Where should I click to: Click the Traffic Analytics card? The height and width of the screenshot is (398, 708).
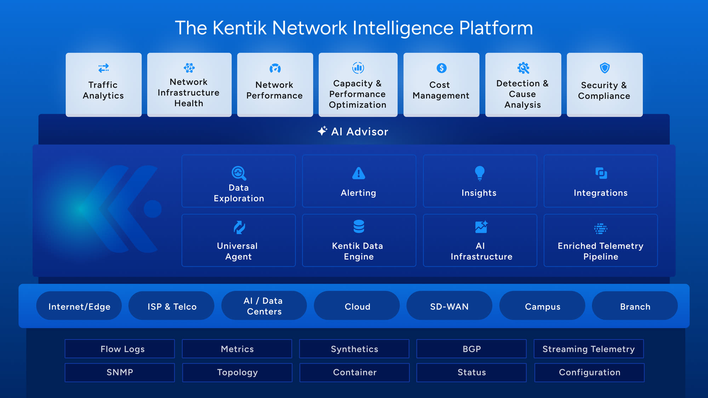(103, 85)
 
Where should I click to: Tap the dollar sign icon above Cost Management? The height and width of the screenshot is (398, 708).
(441, 68)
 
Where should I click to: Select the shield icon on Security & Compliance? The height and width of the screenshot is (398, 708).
(605, 68)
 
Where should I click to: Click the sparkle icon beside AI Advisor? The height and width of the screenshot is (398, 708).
(322, 131)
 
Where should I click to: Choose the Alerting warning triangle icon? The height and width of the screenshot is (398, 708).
(359, 173)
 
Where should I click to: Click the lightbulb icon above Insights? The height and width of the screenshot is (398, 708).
(479, 173)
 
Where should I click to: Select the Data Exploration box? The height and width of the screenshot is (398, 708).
(239, 181)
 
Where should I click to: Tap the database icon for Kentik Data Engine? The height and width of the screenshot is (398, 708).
(359, 226)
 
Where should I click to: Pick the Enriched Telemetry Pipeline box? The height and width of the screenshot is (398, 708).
(600, 241)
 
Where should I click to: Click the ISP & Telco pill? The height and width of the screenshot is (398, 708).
(172, 306)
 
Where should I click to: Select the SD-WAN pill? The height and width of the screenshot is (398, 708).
(449, 306)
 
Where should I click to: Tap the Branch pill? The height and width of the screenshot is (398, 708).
(635, 306)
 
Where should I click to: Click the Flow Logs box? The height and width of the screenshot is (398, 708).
(120, 349)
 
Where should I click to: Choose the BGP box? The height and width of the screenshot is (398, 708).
(471, 349)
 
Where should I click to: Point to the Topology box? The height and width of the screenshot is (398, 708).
(237, 373)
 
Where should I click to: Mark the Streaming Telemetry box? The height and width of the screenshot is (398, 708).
(588, 349)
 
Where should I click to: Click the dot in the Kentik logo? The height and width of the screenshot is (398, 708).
(153, 209)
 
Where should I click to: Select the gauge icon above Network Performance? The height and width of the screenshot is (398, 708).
(275, 68)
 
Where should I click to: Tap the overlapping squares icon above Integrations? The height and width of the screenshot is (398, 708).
(601, 173)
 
